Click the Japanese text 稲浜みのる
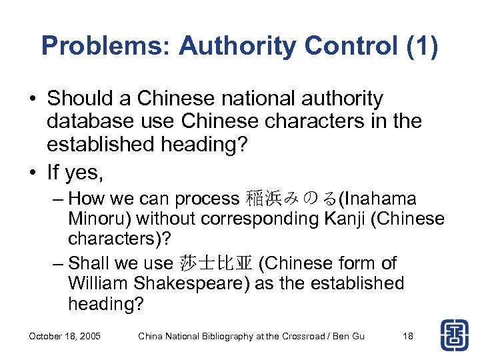(291, 199)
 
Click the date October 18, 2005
(65, 336)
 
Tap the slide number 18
(408, 336)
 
